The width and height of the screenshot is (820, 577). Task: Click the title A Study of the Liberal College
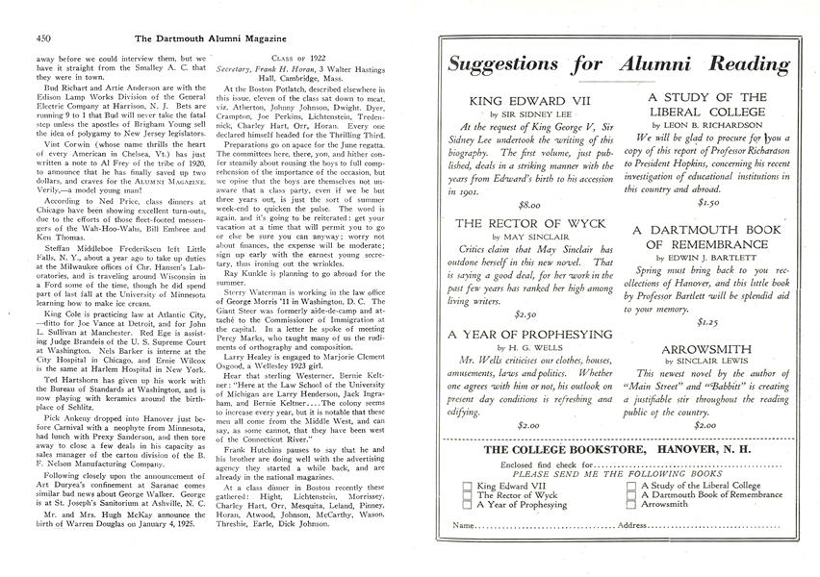coord(706,105)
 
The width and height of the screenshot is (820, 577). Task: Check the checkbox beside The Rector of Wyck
coord(468,493)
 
